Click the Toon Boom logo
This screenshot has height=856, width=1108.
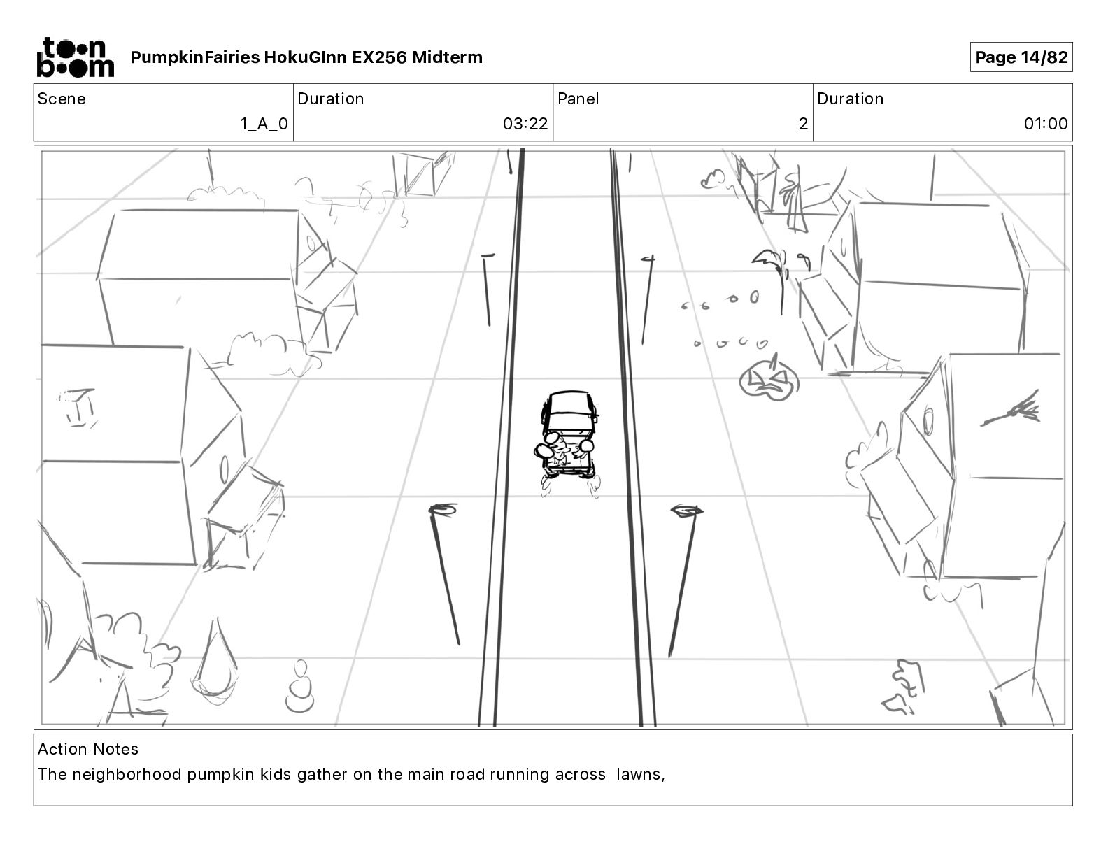[75, 57]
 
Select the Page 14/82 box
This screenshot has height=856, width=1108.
[1021, 57]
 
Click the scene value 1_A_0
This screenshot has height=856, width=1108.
[264, 124]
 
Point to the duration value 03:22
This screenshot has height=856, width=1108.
[525, 124]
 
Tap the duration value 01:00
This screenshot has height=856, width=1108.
[1046, 124]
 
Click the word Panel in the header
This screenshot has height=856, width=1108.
[578, 99]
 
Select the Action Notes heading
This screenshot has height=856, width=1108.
[88, 749]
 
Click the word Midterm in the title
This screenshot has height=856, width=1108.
[447, 57]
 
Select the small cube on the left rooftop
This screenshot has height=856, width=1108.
[79, 406]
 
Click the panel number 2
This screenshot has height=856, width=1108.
[803, 124]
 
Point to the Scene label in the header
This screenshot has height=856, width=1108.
[62, 99]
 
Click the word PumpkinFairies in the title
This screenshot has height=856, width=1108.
[194, 57]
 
